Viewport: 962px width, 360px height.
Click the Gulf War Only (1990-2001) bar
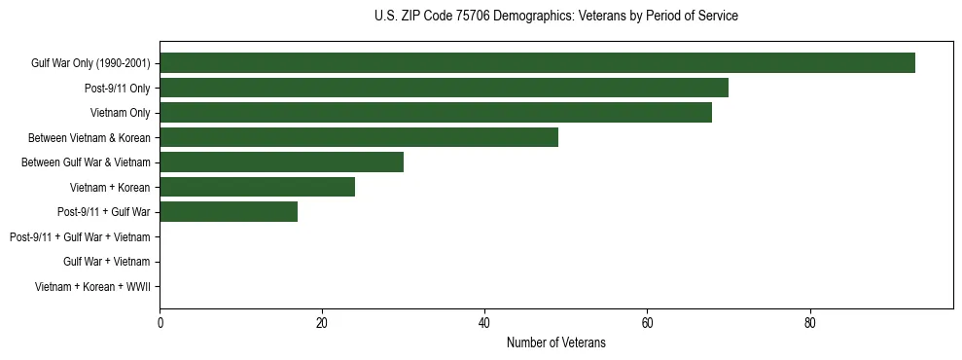pos(537,63)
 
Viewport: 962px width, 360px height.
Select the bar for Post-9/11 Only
pos(444,88)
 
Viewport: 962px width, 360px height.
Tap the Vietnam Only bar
pos(436,113)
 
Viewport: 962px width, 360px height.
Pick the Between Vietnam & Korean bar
pos(359,137)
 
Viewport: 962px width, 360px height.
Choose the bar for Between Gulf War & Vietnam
pos(281,162)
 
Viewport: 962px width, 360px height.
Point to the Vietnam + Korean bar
pos(257,187)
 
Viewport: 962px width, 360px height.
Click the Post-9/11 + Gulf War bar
pos(229,212)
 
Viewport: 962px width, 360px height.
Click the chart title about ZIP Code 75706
pos(555,17)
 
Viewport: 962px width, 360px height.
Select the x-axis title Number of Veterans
pos(555,342)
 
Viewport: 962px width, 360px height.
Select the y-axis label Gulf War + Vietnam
pos(106,262)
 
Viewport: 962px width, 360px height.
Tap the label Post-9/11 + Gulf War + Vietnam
pos(80,237)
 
